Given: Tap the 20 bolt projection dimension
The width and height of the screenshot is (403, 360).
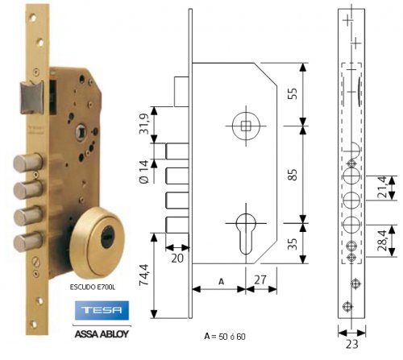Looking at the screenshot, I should pyautogui.click(x=177, y=257).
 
